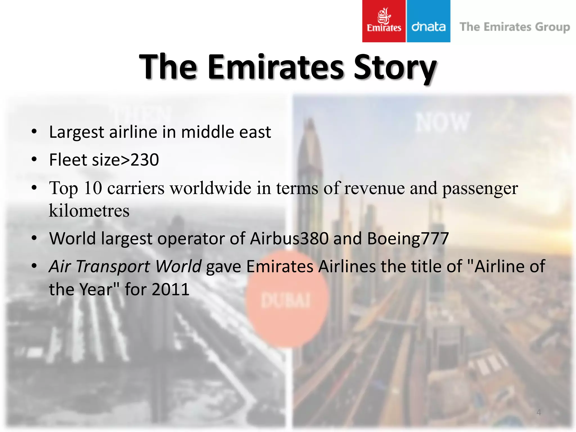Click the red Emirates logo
click(384, 21)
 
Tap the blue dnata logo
click(428, 21)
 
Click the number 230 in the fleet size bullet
click(145, 160)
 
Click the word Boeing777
click(408, 238)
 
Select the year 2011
click(170, 289)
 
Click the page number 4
click(539, 412)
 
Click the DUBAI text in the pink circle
click(286, 301)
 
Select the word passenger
click(480, 188)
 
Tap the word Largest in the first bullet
click(76, 132)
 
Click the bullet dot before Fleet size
click(34, 159)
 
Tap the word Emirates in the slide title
click(276, 67)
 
